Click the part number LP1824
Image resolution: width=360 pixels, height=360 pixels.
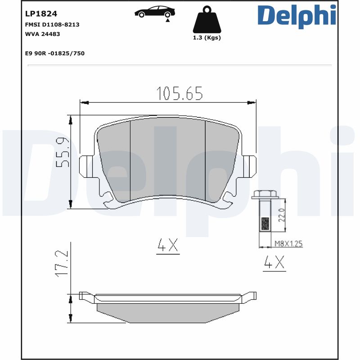pos(41,14)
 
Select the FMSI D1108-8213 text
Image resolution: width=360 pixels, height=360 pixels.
pos(52,24)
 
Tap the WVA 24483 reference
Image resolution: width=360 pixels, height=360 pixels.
pos(43,34)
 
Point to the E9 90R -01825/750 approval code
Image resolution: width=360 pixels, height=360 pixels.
pos(55,53)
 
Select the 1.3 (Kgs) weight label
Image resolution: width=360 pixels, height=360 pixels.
pos(207,38)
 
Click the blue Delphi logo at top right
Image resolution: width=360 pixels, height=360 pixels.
pos(297,15)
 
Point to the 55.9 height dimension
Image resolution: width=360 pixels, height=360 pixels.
pos(63,153)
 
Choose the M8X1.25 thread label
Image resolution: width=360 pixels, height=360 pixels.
pos(288,243)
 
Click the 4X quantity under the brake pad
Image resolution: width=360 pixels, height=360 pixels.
pos(168,245)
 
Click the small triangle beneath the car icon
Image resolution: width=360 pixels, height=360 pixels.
pos(167,20)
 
